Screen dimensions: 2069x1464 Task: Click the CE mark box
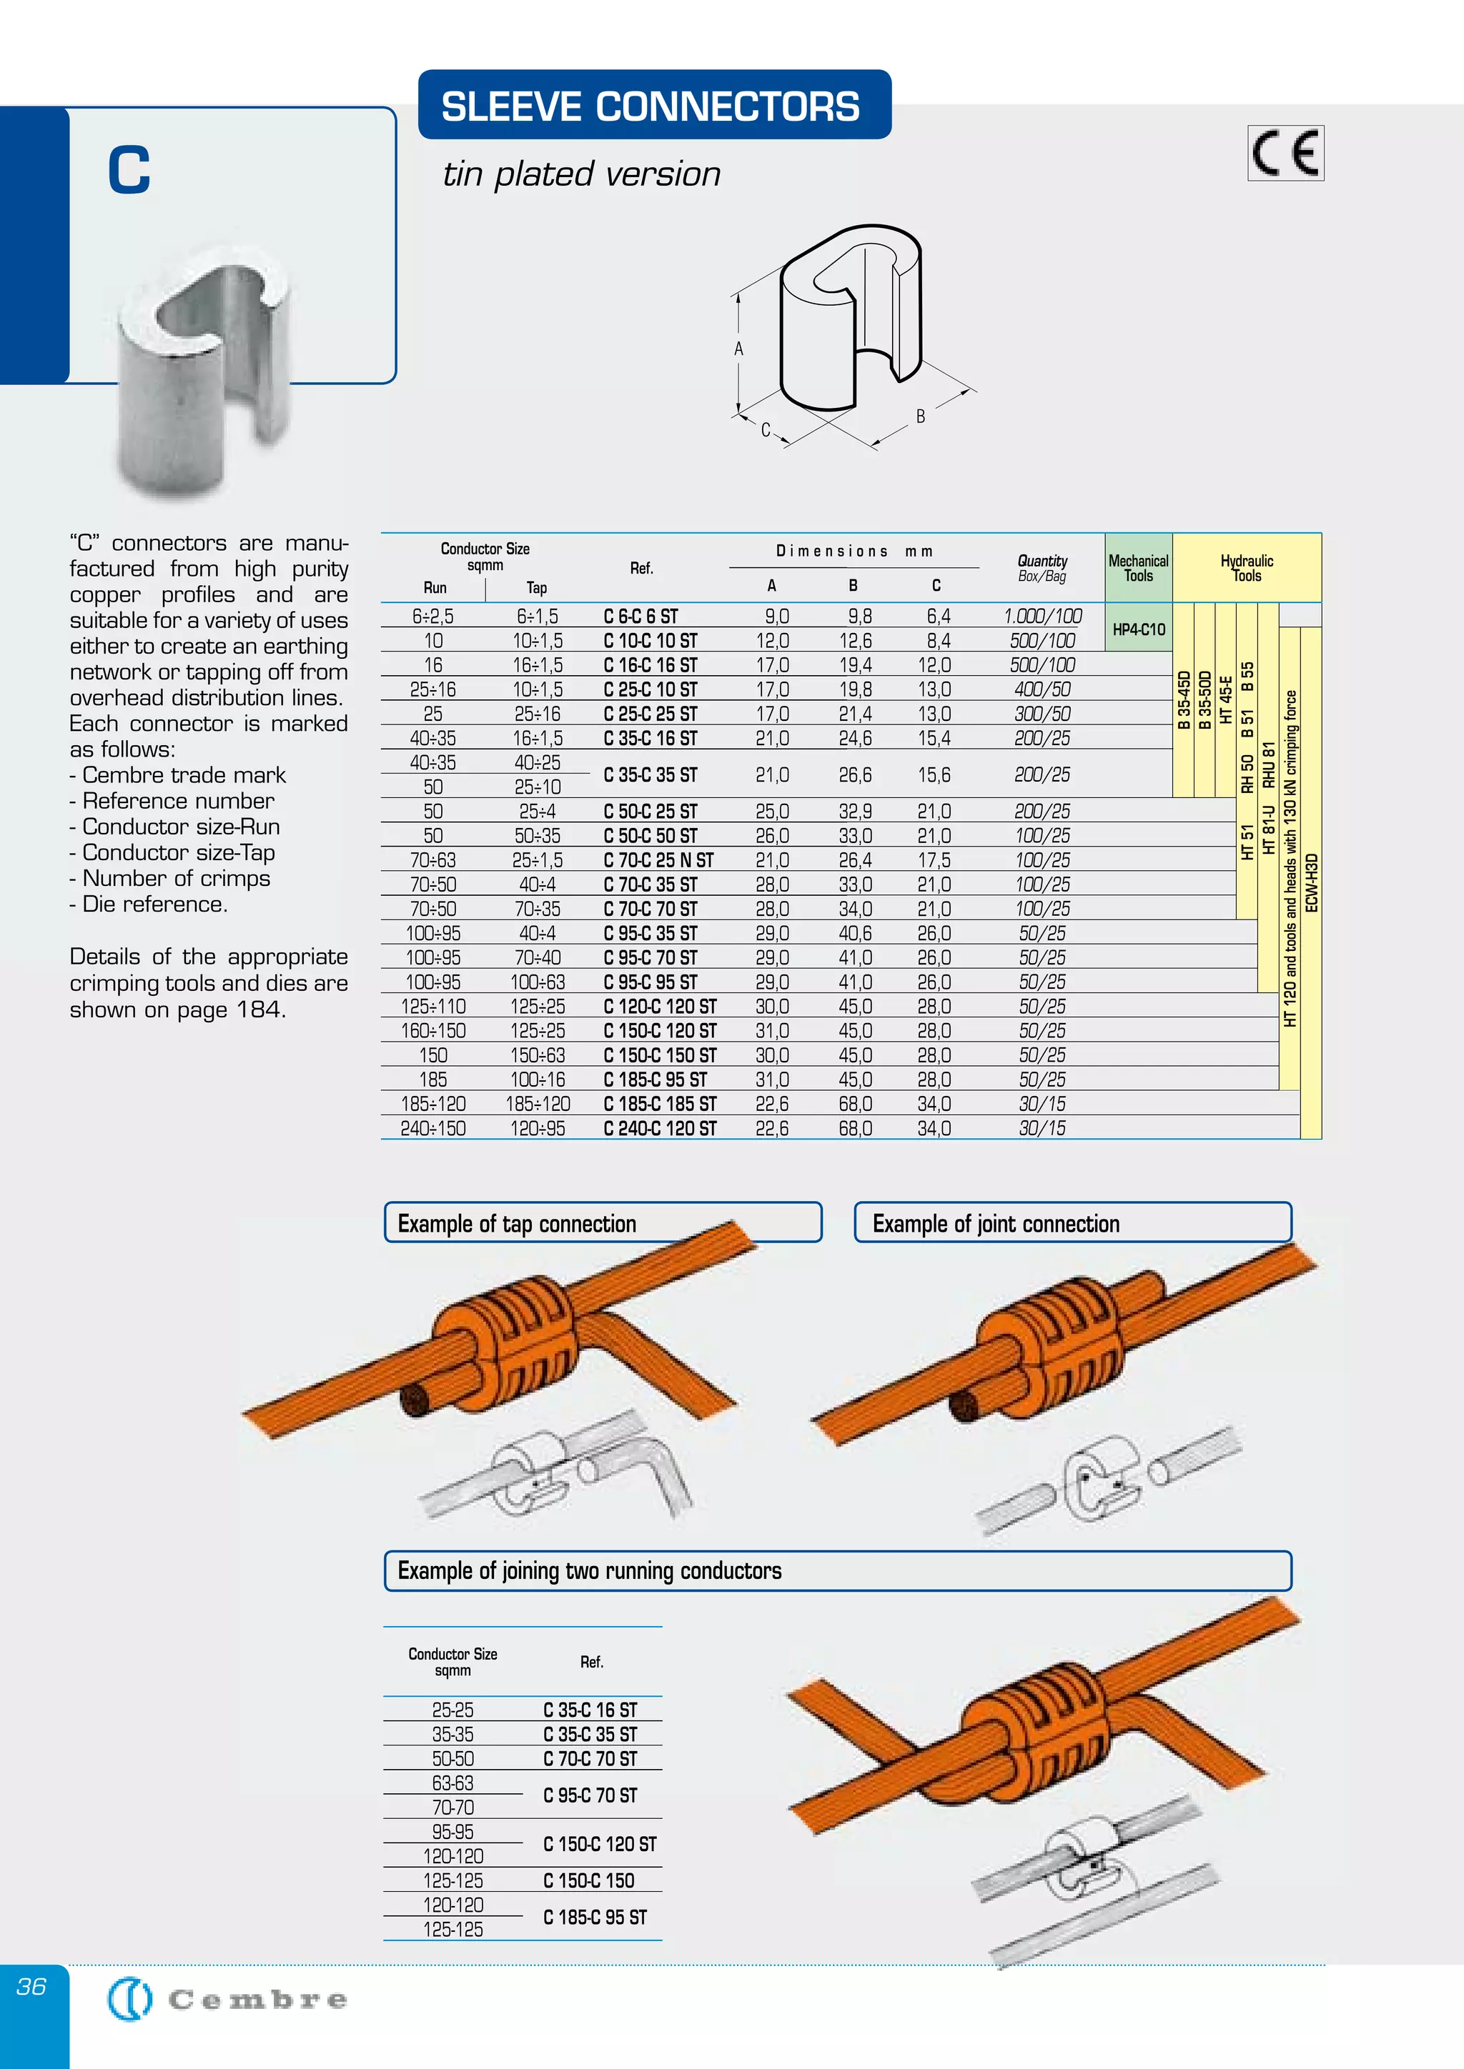[x=1285, y=153]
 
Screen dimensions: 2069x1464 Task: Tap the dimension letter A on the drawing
[x=738, y=349]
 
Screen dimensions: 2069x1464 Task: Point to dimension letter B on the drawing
[x=921, y=417]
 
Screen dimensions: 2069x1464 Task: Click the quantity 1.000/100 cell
[x=1042, y=617]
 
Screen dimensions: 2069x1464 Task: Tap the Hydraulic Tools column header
[x=1247, y=568]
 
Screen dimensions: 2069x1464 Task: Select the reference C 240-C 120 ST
[x=660, y=1127]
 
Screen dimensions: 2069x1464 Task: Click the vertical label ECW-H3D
[x=1312, y=883]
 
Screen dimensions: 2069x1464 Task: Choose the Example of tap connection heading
[x=517, y=1223]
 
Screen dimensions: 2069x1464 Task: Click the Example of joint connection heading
[x=995, y=1223]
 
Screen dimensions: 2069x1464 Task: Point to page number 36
[x=31, y=1985]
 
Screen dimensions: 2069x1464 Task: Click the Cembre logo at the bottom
[x=227, y=2000]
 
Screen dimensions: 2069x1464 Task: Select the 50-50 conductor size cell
[x=452, y=1758]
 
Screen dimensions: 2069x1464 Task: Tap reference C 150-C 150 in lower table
[x=588, y=1880]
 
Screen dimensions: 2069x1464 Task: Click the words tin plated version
[x=581, y=174]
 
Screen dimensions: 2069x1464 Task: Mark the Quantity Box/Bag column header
[x=1042, y=568]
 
